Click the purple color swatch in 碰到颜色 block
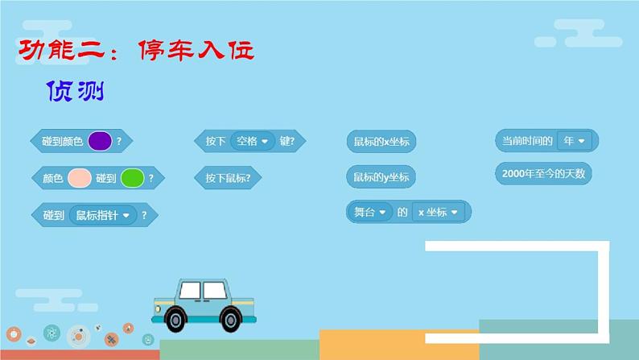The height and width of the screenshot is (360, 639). click(100, 141)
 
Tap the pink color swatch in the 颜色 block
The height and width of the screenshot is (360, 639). click(80, 178)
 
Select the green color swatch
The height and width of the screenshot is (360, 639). click(132, 178)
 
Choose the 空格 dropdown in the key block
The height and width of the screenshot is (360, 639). click(252, 141)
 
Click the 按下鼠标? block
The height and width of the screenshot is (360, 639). click(228, 178)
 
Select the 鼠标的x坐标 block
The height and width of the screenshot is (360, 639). click(381, 142)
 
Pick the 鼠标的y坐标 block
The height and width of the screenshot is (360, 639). click(381, 176)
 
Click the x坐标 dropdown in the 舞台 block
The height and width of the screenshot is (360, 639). click(439, 213)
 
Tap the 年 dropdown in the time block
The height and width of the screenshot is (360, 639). click(575, 141)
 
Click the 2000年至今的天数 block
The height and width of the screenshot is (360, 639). click(543, 173)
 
